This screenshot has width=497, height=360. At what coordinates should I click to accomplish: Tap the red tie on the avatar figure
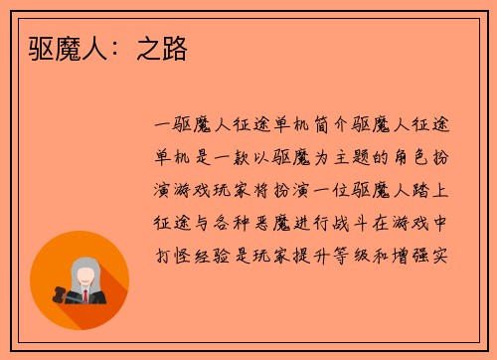(86, 296)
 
